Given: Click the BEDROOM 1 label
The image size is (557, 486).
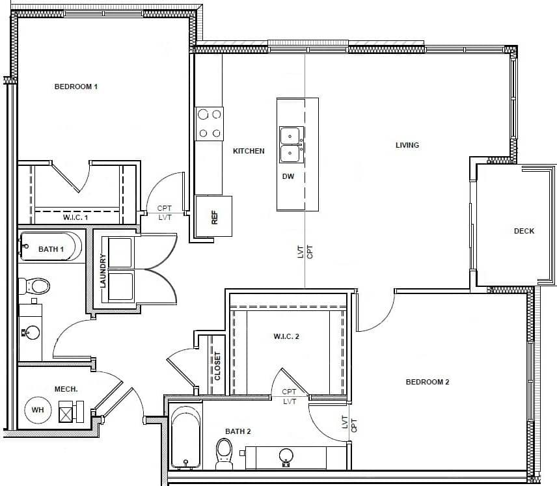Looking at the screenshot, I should (76, 87).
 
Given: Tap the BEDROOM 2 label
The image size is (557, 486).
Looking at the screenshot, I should (428, 382).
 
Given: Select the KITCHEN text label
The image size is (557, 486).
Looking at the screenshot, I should (249, 151).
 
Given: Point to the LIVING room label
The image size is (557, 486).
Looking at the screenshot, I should (407, 145).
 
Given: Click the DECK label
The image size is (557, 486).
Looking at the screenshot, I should (524, 231).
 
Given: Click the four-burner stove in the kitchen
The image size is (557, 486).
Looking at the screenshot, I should (209, 124).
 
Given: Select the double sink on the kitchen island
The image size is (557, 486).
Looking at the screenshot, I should (290, 144).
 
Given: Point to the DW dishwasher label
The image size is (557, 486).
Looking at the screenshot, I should (288, 176).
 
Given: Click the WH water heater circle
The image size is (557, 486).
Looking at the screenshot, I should (38, 411).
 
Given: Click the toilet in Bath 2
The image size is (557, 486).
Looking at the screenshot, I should (224, 453).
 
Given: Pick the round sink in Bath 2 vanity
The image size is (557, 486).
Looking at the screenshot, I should (286, 456).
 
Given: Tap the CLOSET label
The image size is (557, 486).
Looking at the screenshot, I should (217, 366).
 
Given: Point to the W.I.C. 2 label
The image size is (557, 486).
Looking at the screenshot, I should (286, 336).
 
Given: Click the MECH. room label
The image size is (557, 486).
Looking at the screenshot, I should (66, 389).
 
